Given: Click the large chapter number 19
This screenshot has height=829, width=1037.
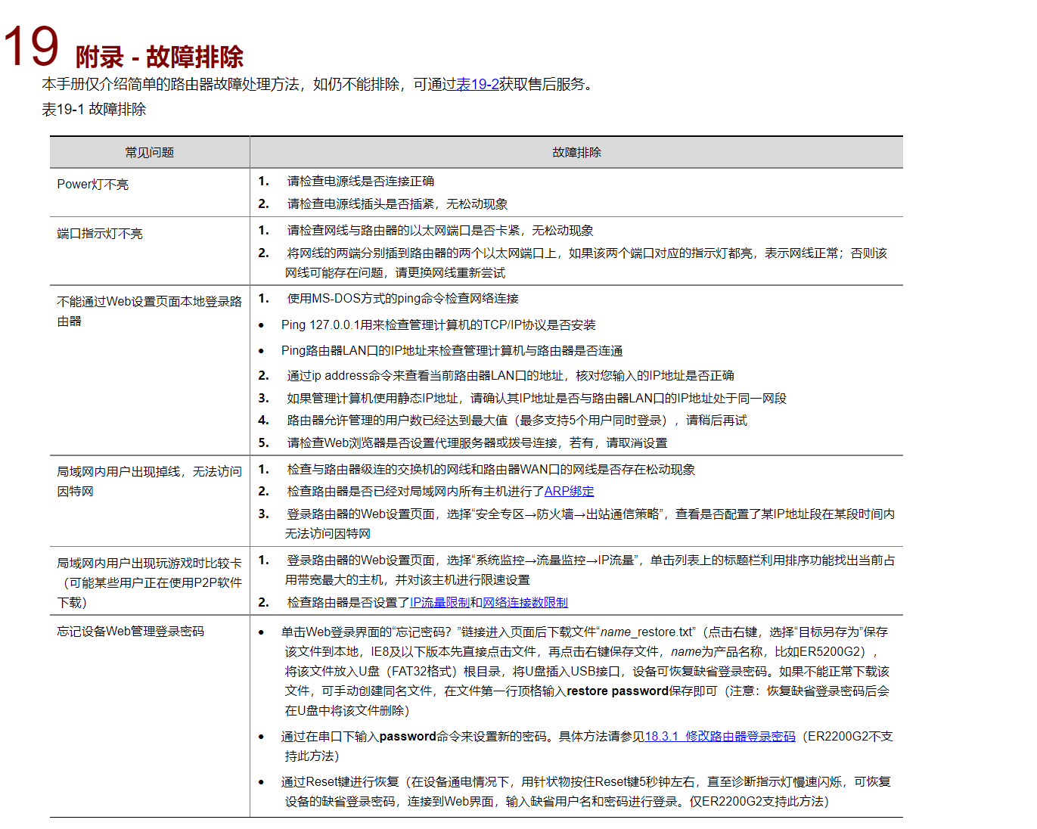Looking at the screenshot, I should coord(32,47).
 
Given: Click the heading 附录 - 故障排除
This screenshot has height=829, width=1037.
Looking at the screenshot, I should coord(159,57).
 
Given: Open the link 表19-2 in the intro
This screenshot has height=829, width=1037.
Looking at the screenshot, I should coord(477,85).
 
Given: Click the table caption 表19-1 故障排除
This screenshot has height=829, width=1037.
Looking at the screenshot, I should coord(94,110).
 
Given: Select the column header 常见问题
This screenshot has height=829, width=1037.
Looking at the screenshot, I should coord(149,153).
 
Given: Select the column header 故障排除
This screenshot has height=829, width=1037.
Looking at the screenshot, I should coord(576,153).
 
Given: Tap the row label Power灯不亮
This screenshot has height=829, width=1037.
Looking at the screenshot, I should coord(93,185).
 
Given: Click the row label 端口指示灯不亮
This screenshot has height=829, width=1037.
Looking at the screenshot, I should coord(100,234).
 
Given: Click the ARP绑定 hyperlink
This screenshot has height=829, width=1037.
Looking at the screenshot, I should coord(569,492).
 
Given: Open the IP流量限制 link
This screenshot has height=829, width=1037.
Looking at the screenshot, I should coord(439,603).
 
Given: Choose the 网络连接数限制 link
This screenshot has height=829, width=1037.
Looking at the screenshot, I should coord(525,603).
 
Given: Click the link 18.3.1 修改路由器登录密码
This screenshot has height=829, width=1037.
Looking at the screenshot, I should coord(720,737).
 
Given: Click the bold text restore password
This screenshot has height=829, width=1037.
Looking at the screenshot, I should coord(617,691).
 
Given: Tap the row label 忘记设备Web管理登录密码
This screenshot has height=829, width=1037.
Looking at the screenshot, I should coord(131,632).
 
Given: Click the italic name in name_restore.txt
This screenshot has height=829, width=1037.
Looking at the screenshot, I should coord(616,632).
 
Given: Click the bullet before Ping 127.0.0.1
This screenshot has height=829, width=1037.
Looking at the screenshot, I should coord(262,326).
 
